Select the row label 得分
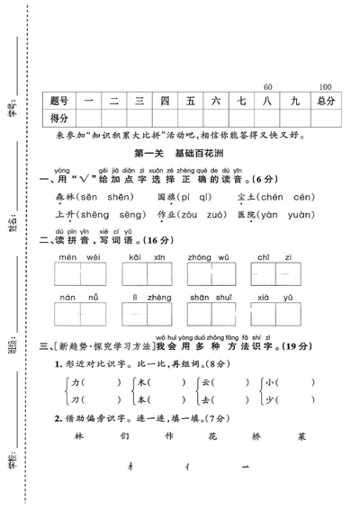coord(60,119)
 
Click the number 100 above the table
coord(325,87)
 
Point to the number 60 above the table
coord(267,87)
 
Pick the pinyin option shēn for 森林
coord(110,197)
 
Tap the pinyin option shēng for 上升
coord(89,216)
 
